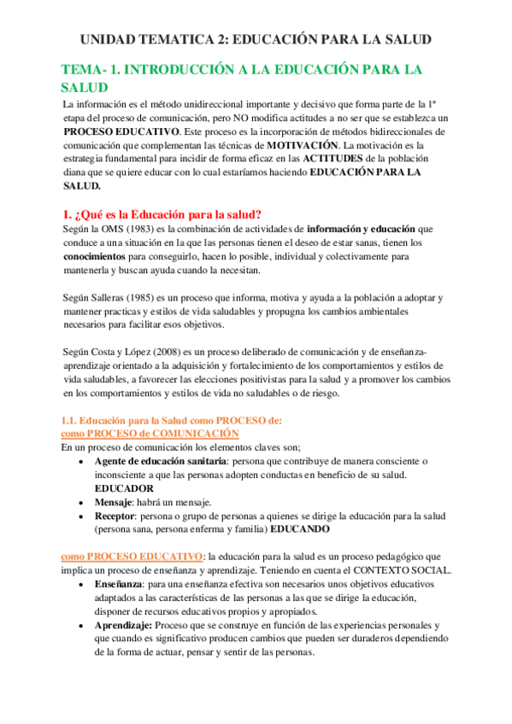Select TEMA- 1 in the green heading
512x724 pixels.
click(x=87, y=69)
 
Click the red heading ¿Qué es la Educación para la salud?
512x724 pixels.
click(x=162, y=214)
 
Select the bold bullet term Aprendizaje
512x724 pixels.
click(x=124, y=625)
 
